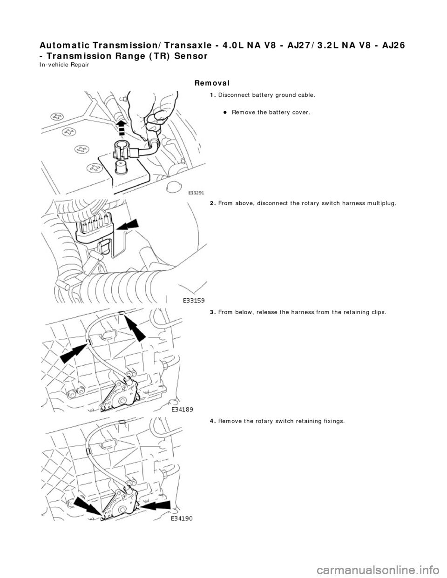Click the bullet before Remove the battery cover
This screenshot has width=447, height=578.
[224, 113]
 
